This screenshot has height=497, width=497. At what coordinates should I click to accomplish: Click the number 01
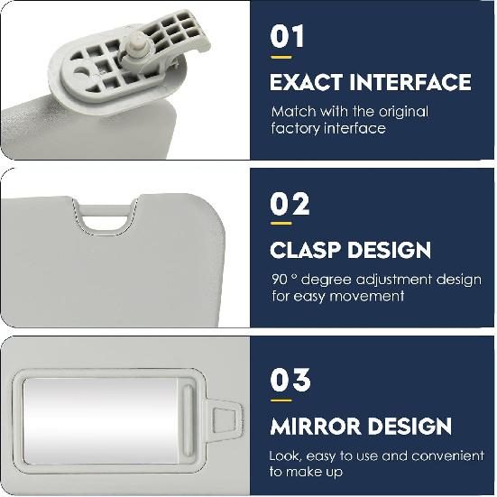287,37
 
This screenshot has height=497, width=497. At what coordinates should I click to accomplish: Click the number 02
289,205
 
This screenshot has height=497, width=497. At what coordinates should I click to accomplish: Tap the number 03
290,380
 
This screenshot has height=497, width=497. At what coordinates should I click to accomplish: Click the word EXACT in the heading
308,82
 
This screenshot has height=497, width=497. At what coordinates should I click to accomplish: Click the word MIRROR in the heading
318,425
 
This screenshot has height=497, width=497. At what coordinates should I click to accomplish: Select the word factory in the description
295,128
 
